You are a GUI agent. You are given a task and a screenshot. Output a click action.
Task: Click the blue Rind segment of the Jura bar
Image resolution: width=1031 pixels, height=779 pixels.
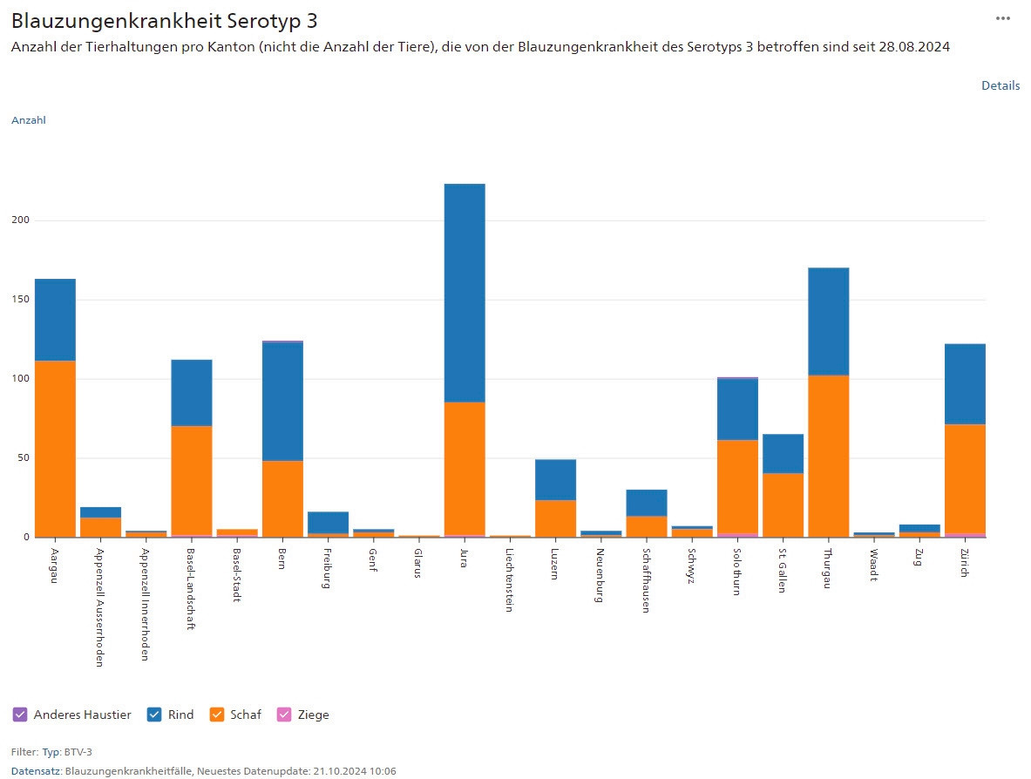(464, 293)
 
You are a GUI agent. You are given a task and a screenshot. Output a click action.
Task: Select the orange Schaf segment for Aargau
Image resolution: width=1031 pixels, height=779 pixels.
(55, 449)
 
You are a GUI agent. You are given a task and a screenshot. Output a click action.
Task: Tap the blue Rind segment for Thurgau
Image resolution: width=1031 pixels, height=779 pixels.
(828, 322)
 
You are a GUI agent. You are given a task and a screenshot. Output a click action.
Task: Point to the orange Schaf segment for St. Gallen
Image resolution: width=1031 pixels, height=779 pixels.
(783, 505)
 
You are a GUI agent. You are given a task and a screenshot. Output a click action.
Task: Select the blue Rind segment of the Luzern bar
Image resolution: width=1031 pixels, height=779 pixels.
(555, 479)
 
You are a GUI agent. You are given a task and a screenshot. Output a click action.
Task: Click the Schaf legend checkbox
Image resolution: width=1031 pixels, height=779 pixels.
(218, 715)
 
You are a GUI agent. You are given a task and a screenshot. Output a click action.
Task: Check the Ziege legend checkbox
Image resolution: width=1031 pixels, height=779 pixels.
(284, 715)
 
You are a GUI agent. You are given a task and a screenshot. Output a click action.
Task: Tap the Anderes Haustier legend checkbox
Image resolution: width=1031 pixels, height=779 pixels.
(21, 715)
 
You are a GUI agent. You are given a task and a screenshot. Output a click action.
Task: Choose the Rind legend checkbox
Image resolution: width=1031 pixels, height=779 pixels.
(155, 715)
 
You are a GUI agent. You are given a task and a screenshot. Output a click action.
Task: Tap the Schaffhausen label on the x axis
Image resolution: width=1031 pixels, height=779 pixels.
(646, 580)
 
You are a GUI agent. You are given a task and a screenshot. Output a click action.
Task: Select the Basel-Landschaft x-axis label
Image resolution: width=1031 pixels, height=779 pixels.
(191, 589)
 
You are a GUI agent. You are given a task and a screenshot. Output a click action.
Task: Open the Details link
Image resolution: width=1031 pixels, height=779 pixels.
(1000, 85)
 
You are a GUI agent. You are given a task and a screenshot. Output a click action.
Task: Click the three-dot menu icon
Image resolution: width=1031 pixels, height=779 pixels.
(1003, 18)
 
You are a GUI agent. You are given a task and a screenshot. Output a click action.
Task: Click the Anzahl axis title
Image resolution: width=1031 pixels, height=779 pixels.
(28, 120)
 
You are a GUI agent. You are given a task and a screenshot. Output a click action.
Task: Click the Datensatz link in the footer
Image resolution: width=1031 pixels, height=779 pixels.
(36, 771)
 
